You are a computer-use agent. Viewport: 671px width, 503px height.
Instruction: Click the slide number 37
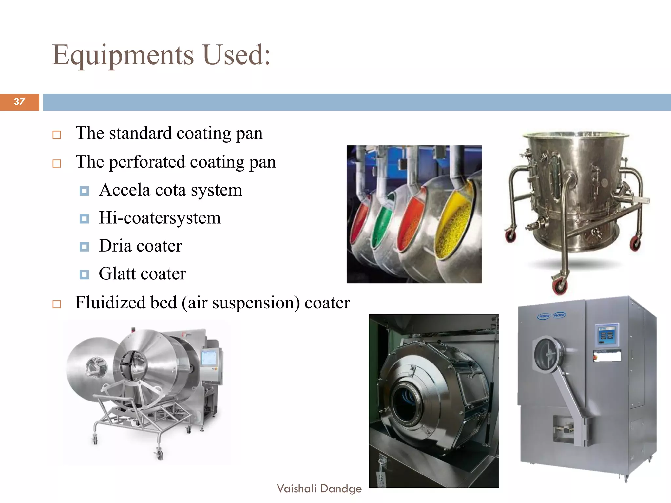point(19,102)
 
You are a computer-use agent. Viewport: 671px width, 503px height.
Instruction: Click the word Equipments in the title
point(123,55)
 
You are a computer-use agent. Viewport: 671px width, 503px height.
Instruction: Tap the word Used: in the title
point(237,54)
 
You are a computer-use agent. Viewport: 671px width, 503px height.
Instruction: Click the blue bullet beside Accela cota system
point(84,191)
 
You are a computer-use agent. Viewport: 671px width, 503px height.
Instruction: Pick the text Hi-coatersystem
point(160,218)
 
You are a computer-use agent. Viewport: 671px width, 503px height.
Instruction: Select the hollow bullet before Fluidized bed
point(57,304)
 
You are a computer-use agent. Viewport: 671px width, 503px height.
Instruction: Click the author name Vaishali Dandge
point(319,488)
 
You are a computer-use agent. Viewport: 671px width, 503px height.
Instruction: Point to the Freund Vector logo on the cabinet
point(552,316)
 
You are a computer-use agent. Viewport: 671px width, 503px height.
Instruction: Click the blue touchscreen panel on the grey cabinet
point(606,335)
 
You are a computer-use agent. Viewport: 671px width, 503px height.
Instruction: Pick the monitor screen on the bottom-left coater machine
point(209,358)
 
